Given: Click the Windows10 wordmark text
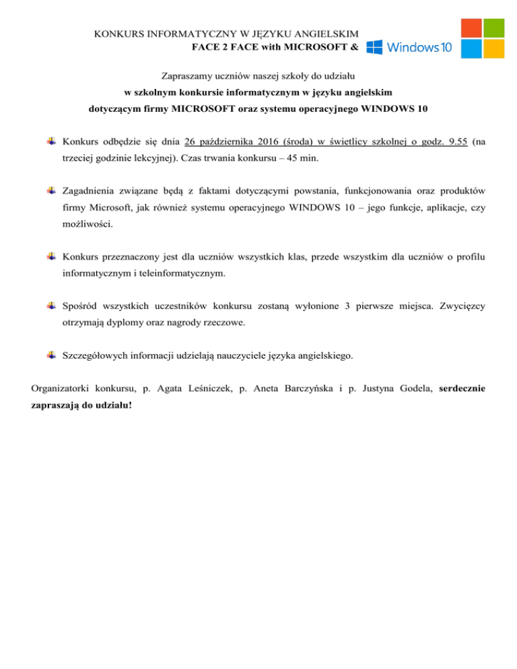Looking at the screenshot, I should (419, 47).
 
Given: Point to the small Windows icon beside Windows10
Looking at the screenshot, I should (375, 47).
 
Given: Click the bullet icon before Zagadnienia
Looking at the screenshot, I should (52, 191).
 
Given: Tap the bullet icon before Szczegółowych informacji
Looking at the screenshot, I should (52, 354).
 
